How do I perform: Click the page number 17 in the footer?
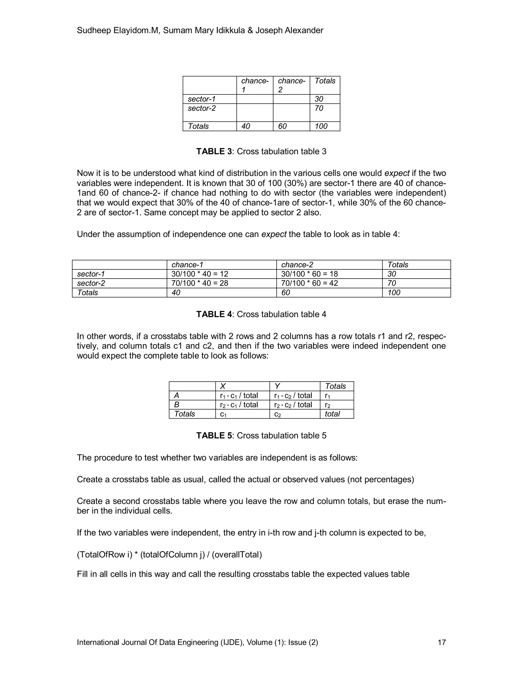(442, 642)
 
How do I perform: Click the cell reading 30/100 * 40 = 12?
(199, 274)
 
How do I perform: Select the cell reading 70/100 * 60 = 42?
(309, 283)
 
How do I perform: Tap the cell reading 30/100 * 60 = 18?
(309, 274)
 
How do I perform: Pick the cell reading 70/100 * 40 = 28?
(199, 283)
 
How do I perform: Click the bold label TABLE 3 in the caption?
(214, 151)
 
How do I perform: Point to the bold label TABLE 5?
(214, 435)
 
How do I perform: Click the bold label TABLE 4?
(214, 314)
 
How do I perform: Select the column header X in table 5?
(222, 386)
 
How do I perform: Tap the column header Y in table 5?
(277, 386)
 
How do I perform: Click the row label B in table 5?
(177, 405)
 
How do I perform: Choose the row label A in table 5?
(177, 396)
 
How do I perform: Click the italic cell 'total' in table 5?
(332, 414)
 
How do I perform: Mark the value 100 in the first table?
(321, 126)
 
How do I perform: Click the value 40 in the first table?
(245, 126)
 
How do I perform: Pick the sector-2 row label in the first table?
(202, 108)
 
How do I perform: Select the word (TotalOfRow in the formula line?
(101, 554)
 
